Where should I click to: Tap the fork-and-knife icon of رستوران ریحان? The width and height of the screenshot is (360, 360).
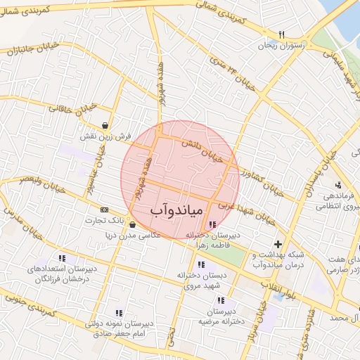tap(281, 34)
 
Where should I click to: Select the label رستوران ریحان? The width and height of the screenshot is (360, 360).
tap(282, 45)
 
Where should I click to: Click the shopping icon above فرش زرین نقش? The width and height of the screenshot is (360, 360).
tap(105, 126)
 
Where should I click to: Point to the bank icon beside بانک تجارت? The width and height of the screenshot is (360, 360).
tap(105, 210)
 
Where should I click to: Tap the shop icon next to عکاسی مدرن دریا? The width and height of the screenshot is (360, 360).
tap(133, 225)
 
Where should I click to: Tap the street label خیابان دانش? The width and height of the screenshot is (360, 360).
tap(206, 147)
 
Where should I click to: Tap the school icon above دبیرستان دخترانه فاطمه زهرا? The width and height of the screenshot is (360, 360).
tap(212, 224)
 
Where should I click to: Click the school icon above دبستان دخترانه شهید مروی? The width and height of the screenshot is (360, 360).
tap(202, 265)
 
